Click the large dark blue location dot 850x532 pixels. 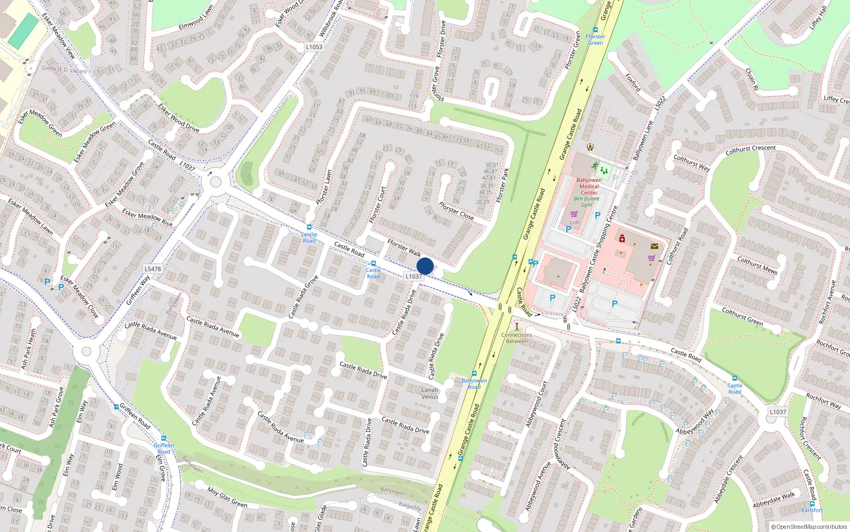click(425, 266)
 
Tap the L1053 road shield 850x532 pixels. click(314, 47)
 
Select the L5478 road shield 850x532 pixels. click(152, 269)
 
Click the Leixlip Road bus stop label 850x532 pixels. click(309, 237)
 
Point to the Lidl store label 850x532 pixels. click(574, 222)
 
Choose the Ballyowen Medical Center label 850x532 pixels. click(589, 186)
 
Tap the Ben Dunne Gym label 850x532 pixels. click(586, 202)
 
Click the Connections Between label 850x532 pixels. click(516, 338)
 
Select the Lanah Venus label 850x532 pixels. click(430, 393)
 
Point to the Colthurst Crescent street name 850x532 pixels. click(750, 151)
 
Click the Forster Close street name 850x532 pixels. click(456, 211)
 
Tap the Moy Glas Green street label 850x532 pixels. click(227, 497)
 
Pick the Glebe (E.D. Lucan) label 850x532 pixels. click(64, 69)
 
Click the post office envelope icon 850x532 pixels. click(654, 246)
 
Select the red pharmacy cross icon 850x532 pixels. click(622, 238)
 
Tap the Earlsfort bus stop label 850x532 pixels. click(812, 510)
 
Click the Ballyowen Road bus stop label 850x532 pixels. click(474, 384)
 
